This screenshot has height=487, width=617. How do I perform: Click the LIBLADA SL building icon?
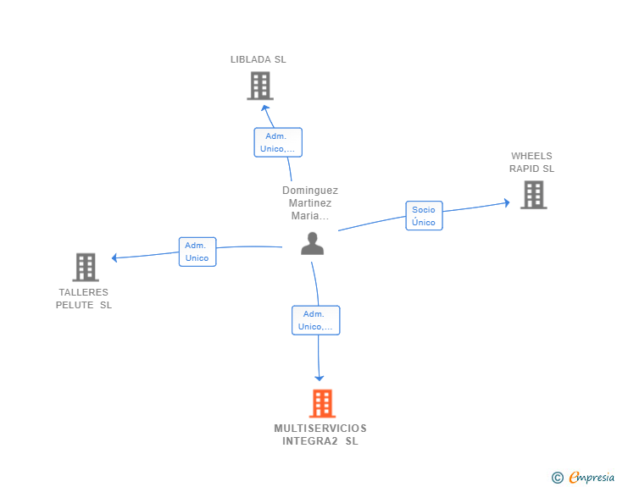click(x=260, y=86)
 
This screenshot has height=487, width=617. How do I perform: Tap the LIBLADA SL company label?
click(x=258, y=59)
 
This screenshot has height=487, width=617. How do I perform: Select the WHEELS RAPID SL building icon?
click(x=533, y=195)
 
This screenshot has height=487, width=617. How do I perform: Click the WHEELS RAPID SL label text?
click(x=531, y=162)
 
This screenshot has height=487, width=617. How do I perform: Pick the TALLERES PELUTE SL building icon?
click(x=86, y=267)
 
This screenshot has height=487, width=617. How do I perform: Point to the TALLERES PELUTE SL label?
click(x=84, y=299)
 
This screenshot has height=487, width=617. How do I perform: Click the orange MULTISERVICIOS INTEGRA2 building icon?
click(x=322, y=403)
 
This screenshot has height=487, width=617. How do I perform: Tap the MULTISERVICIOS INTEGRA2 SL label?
click(x=320, y=434)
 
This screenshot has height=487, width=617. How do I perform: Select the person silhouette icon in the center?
click(x=312, y=243)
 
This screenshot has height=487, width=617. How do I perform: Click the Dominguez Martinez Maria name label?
click(x=310, y=203)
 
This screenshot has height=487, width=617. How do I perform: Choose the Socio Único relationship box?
click(x=424, y=216)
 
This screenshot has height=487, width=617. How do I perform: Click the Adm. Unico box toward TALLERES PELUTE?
click(x=197, y=252)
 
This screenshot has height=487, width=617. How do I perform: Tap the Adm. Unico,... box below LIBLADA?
click(x=278, y=142)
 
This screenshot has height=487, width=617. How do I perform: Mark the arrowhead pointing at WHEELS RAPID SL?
click(x=506, y=202)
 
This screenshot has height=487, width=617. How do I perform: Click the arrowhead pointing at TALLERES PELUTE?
click(x=115, y=257)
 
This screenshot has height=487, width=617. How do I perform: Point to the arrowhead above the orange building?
click(x=320, y=378)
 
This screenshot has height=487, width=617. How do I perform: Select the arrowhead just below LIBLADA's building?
click(x=263, y=107)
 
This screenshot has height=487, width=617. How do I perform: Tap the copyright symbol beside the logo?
click(x=557, y=479)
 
